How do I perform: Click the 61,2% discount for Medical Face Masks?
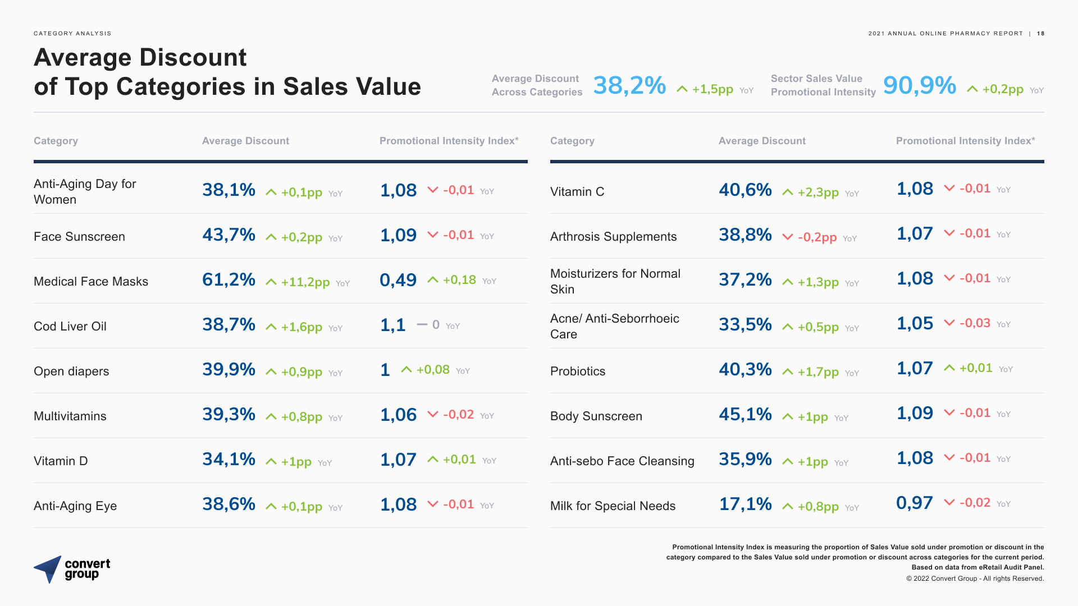tap(229, 279)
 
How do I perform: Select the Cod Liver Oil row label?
tap(70, 327)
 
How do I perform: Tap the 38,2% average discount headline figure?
tap(629, 86)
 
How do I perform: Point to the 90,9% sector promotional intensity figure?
tap(919, 86)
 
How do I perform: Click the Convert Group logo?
tap(72, 569)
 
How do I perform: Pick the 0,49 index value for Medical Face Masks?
tap(398, 280)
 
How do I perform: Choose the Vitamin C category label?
tap(577, 192)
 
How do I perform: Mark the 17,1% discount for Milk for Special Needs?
tap(745, 504)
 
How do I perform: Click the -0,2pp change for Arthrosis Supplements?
tap(817, 237)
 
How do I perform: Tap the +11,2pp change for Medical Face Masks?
tap(305, 282)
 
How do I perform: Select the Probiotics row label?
tap(578, 371)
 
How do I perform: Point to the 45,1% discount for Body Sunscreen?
tap(745, 414)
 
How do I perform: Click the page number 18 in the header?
tap(1040, 34)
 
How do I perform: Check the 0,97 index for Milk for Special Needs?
tap(914, 503)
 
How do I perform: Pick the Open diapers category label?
tap(71, 371)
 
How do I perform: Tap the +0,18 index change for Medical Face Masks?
tap(459, 280)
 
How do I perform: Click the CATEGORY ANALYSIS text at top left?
tap(72, 34)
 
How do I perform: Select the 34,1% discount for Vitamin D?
tap(229, 459)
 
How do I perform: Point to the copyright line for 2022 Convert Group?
tap(975, 579)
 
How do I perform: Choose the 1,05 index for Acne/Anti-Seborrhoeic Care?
tap(915, 323)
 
